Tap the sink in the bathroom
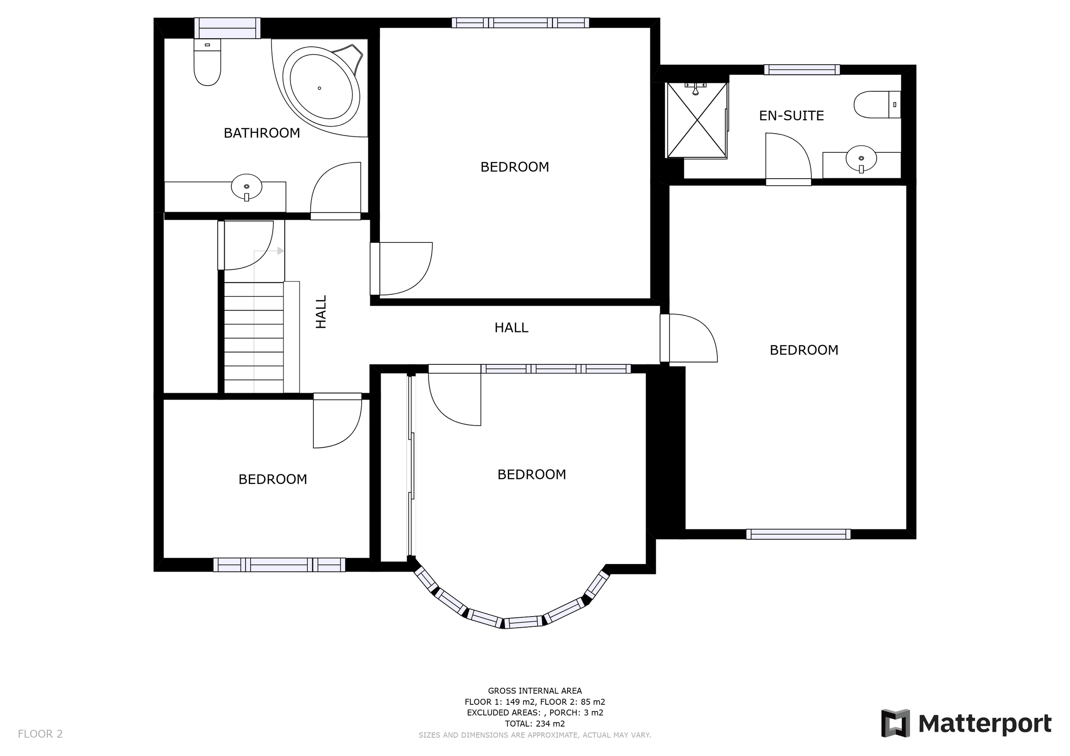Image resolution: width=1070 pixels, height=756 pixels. [x=247, y=187]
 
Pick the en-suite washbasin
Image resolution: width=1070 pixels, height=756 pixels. [x=861, y=160]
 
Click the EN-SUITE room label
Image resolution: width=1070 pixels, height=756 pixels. [x=791, y=115]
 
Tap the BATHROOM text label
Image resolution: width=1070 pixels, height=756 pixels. [x=261, y=133]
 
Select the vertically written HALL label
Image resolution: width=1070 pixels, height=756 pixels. [x=321, y=312]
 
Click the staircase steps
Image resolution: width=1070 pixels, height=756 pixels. [x=254, y=338]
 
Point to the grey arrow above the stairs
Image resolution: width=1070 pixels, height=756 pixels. [x=280, y=251]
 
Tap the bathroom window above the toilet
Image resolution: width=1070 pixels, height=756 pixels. [x=227, y=28]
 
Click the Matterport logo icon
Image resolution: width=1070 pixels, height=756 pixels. [x=895, y=723]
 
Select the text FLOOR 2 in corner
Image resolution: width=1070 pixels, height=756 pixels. [x=40, y=734]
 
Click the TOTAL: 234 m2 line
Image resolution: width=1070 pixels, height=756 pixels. [x=535, y=724]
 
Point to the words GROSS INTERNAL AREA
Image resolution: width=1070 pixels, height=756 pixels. [x=535, y=691]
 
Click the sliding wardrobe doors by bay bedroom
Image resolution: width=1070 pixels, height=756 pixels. [x=411, y=466]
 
